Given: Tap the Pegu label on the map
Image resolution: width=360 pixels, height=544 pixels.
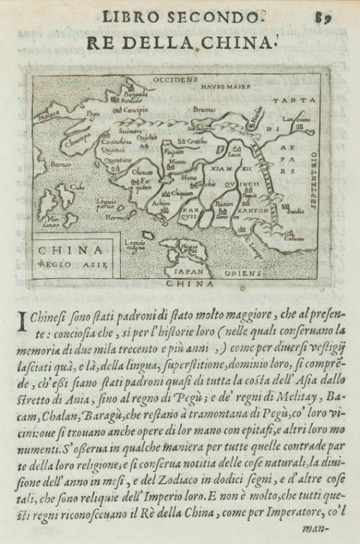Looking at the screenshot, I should click(x=92, y=114).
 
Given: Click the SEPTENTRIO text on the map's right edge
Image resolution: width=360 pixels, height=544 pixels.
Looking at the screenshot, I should click(x=315, y=179).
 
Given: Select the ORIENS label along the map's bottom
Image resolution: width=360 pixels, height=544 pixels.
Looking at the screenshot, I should click(x=243, y=273).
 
